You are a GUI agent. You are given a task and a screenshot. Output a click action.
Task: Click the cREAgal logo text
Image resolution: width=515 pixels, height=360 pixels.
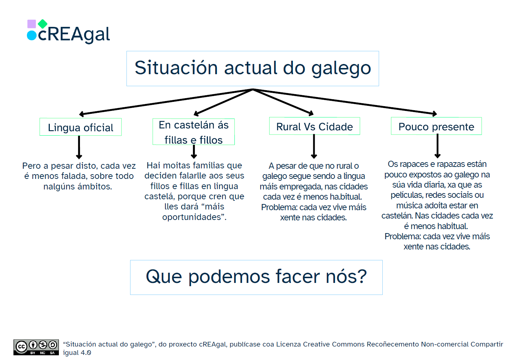click(74, 35)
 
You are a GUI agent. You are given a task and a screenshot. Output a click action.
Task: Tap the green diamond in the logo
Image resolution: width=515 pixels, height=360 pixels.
click(43, 24)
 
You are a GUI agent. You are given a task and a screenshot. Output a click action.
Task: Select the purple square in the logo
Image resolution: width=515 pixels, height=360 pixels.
click(32, 24)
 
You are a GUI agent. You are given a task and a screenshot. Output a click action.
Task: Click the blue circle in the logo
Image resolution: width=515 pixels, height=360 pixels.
click(32, 35)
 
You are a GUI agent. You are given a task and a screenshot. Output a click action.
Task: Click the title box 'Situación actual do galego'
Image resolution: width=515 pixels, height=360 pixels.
click(253, 68)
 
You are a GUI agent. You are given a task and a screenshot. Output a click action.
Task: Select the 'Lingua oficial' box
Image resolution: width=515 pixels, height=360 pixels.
click(80, 127)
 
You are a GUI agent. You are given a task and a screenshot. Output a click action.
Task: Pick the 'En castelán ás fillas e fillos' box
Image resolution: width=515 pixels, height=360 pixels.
click(193, 132)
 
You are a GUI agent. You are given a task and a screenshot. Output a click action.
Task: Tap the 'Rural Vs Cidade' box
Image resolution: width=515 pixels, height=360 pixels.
click(314, 126)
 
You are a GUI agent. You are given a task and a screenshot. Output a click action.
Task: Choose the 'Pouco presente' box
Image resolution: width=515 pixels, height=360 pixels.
click(436, 126)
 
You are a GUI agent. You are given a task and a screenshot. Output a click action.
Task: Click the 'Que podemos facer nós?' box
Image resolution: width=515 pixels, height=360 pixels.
click(256, 277)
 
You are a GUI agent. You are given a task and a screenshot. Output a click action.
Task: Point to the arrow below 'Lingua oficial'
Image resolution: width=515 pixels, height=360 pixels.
click(79, 147)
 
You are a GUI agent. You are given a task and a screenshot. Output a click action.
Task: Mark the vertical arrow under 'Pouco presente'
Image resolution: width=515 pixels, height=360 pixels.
click(438, 146)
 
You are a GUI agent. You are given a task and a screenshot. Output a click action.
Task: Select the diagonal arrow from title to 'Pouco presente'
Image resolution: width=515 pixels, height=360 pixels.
click(345, 101)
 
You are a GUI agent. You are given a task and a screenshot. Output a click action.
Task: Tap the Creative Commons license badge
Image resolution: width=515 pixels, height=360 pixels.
click(36, 347)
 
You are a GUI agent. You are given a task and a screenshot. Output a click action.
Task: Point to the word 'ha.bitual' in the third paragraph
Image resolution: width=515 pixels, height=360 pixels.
click(345, 197)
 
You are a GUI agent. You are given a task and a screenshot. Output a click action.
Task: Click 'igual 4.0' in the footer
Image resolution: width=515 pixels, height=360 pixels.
click(77, 353)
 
